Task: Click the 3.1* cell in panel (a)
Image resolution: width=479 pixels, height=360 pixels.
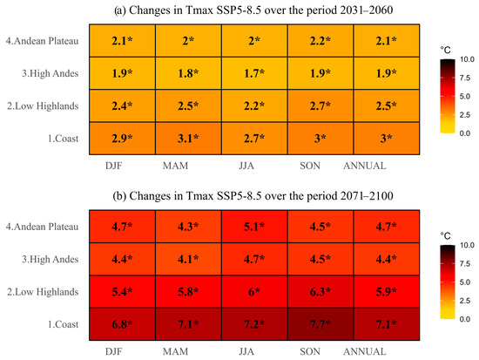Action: [188, 139]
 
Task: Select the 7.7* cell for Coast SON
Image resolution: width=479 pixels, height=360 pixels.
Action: [320, 324]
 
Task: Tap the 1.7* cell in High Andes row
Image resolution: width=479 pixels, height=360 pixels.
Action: [254, 73]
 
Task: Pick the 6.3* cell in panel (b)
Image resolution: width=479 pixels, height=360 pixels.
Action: [320, 292]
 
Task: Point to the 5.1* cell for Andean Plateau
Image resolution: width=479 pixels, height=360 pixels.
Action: [254, 227]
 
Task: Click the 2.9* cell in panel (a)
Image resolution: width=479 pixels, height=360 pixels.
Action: [122, 139]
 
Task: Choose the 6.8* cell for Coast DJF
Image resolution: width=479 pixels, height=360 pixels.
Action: [122, 324]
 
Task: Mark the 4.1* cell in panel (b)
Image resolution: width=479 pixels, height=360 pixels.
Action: [188, 260]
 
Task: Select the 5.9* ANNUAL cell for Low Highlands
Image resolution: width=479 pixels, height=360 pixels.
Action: [387, 292]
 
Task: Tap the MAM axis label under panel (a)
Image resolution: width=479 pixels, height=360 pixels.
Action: [175, 166]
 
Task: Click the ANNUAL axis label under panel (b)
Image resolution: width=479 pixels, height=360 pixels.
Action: [365, 352]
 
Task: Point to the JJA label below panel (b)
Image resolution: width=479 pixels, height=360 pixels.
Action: [246, 352]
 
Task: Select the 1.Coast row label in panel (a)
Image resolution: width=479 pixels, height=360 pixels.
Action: [64, 139]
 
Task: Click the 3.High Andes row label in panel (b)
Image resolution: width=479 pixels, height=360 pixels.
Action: [51, 260]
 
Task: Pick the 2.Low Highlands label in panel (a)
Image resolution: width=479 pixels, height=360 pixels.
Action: [43, 106]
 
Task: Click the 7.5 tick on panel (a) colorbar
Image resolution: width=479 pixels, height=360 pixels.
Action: [465, 78]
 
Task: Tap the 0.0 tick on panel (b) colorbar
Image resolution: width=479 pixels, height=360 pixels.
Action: [465, 319]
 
